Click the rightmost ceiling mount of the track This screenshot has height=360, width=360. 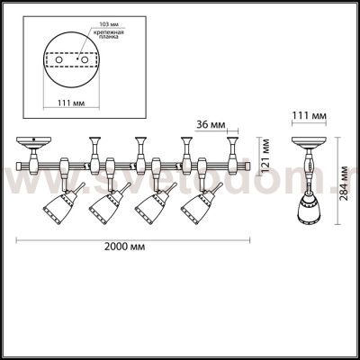[x=235, y=142]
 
